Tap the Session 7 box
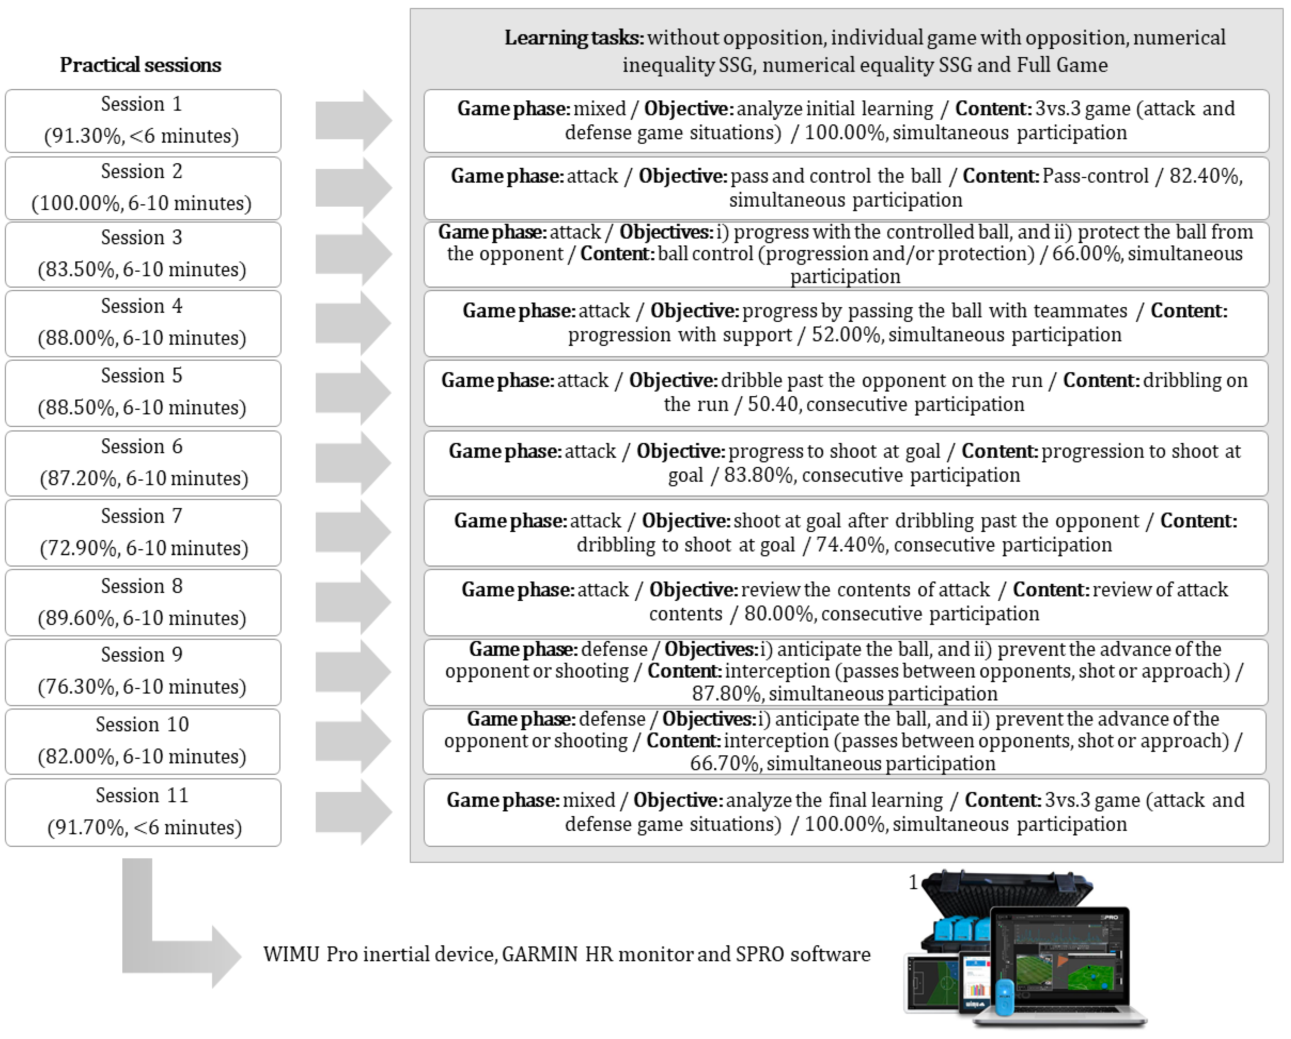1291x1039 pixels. point(143,532)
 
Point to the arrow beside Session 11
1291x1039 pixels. point(353,812)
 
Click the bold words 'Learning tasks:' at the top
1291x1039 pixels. point(574,38)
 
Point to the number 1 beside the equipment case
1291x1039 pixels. point(913,882)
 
